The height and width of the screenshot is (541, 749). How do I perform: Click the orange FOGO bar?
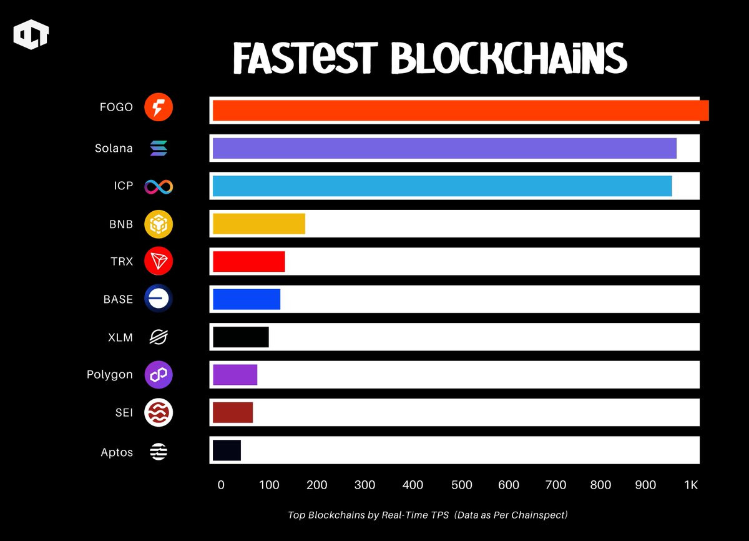tap(461, 110)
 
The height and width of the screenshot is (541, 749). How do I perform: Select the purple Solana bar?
tap(444, 149)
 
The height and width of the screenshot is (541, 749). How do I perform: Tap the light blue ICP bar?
tap(442, 186)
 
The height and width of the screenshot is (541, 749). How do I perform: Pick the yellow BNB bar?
tap(259, 224)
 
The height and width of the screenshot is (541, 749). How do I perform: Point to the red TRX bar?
tap(248, 261)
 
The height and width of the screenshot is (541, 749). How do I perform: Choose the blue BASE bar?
tap(246, 299)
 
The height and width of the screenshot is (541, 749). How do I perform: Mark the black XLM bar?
tap(240, 337)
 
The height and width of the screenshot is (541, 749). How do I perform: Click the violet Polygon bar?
tap(235, 374)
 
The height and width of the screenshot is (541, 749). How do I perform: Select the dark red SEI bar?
tap(232, 412)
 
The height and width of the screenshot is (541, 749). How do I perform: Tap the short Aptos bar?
tap(227, 450)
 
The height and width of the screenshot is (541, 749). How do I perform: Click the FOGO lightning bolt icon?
tap(159, 107)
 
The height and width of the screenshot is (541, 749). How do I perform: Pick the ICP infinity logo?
tap(159, 186)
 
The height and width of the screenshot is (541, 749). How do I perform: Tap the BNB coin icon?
tap(159, 224)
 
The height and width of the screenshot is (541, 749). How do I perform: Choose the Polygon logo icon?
tap(159, 375)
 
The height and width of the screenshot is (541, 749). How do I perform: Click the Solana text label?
tap(114, 149)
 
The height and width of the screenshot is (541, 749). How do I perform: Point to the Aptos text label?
tap(117, 452)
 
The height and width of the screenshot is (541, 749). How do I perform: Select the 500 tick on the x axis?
tap(462, 485)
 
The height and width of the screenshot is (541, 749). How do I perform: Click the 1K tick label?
tap(691, 485)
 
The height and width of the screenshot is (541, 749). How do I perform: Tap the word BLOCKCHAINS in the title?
tap(509, 59)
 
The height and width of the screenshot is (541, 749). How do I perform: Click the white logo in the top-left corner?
tap(31, 36)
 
